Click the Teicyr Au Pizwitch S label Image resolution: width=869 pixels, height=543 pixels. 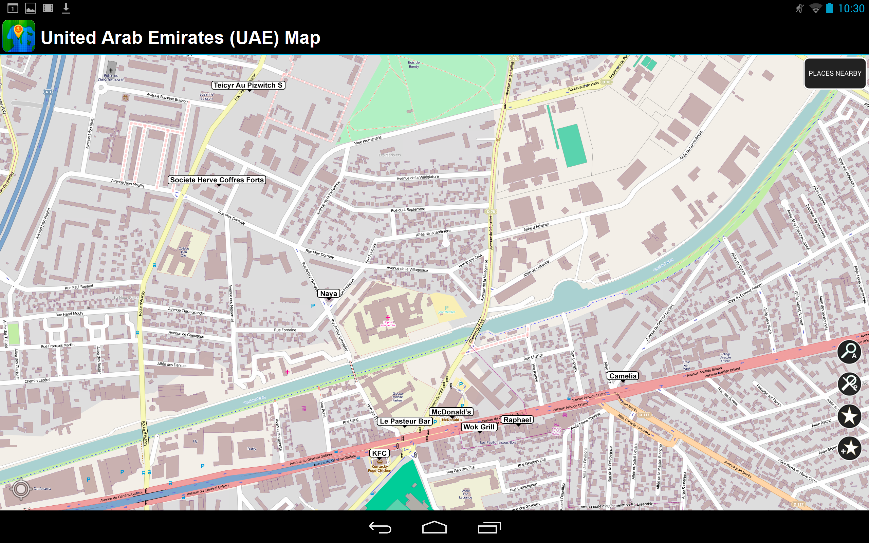248,85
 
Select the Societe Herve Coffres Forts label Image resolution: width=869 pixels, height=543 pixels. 217,180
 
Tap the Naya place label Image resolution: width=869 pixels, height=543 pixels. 328,294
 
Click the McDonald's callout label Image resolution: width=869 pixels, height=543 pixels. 451,412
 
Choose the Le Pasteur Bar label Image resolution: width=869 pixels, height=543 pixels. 405,421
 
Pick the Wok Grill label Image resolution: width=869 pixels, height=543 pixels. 479,427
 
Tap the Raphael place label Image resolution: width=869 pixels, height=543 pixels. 517,420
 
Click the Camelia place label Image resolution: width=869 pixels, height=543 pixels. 623,376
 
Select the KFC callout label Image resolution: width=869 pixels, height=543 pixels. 379,453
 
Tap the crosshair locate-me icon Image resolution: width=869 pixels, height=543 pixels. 21,488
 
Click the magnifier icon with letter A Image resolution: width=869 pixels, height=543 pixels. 849,352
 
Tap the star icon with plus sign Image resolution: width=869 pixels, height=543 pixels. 849,448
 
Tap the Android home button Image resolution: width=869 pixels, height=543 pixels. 434,527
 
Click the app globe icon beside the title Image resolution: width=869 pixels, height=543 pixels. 19,36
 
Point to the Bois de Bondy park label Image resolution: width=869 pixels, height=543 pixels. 414,64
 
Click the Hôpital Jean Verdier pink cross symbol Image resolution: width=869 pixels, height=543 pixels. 388,317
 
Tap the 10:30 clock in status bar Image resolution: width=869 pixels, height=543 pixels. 851,8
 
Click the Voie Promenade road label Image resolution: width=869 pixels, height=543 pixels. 368,141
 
